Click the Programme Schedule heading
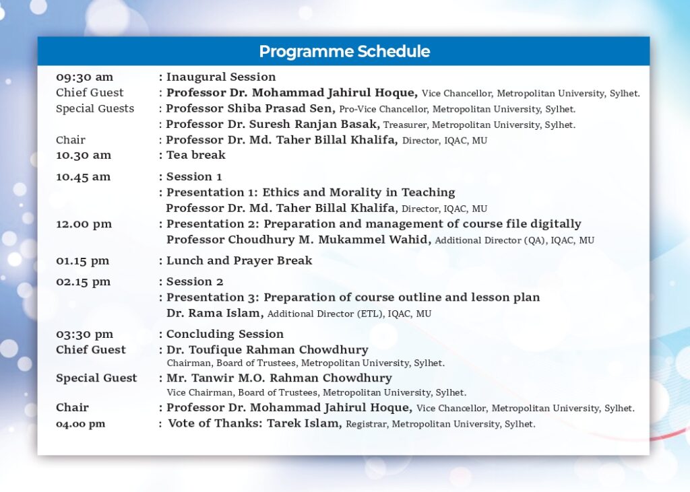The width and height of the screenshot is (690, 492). (344, 51)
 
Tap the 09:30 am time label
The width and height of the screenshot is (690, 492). (84, 77)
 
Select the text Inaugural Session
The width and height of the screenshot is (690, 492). (221, 77)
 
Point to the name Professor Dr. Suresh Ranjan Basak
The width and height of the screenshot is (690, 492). (273, 125)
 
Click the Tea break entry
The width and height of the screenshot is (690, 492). (196, 155)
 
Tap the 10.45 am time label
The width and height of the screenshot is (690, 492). (83, 177)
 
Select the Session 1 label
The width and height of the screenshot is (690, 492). (194, 177)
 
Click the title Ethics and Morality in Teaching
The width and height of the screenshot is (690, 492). (358, 192)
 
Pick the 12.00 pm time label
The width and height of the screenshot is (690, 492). (84, 224)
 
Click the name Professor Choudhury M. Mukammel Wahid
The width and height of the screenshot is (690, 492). (299, 240)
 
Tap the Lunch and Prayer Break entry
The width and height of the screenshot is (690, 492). (239, 260)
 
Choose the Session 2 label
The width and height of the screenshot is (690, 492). (195, 282)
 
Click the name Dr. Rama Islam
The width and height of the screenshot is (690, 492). (215, 313)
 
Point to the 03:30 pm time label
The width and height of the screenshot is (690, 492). (84, 334)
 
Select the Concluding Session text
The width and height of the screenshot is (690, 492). (225, 334)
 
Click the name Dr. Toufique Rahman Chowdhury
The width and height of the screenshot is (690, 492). (267, 350)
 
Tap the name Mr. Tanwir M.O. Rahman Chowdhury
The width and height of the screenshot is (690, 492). (279, 378)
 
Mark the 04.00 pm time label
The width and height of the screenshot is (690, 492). (81, 424)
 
